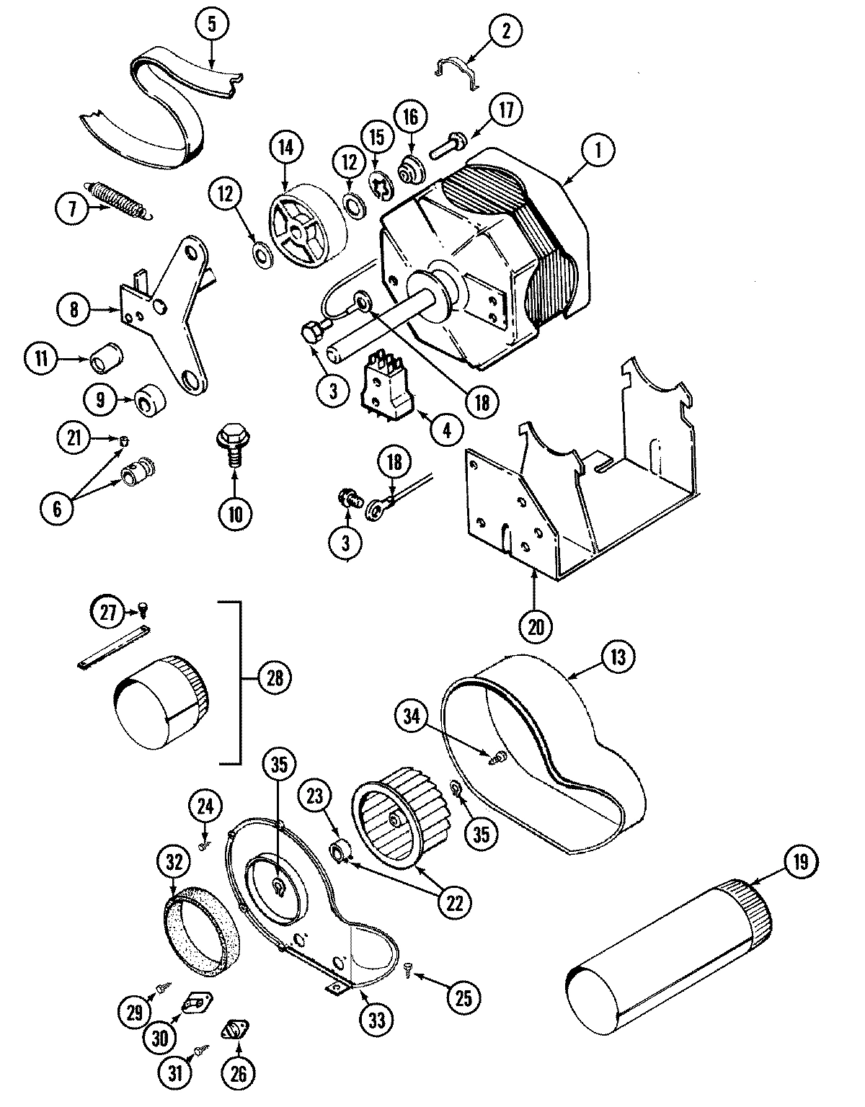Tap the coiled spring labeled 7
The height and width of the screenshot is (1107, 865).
point(120,196)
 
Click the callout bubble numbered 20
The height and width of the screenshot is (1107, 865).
point(535,626)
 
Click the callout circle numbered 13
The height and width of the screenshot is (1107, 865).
point(621,657)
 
